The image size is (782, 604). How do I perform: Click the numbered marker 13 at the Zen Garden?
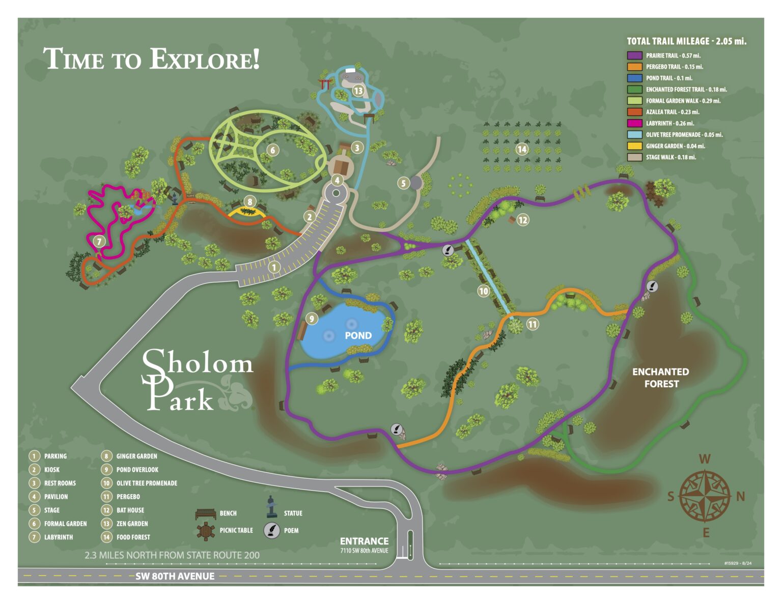(x=358, y=91)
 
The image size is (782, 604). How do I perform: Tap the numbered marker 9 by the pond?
(x=312, y=319)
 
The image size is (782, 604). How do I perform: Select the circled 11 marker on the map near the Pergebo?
(x=533, y=324)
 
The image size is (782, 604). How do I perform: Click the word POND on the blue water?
(x=358, y=335)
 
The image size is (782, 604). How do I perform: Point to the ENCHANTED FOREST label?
(x=660, y=378)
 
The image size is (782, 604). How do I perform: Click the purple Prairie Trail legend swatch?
(x=634, y=55)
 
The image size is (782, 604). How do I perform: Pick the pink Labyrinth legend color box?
(x=634, y=123)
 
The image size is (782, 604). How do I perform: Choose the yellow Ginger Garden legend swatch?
(x=634, y=146)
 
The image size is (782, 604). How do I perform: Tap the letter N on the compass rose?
(x=740, y=496)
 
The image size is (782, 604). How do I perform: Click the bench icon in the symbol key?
(x=206, y=513)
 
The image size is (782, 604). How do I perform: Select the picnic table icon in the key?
(x=206, y=531)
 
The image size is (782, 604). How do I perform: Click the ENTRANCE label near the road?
(x=364, y=541)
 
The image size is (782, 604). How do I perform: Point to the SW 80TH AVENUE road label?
(x=175, y=576)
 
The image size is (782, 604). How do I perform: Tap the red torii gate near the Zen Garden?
(x=324, y=84)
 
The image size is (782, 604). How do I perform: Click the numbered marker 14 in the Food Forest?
(x=521, y=149)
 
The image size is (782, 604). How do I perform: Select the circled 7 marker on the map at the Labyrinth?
(x=99, y=242)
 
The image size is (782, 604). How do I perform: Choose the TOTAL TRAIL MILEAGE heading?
(x=686, y=41)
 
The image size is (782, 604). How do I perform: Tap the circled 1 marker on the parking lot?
(x=274, y=267)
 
